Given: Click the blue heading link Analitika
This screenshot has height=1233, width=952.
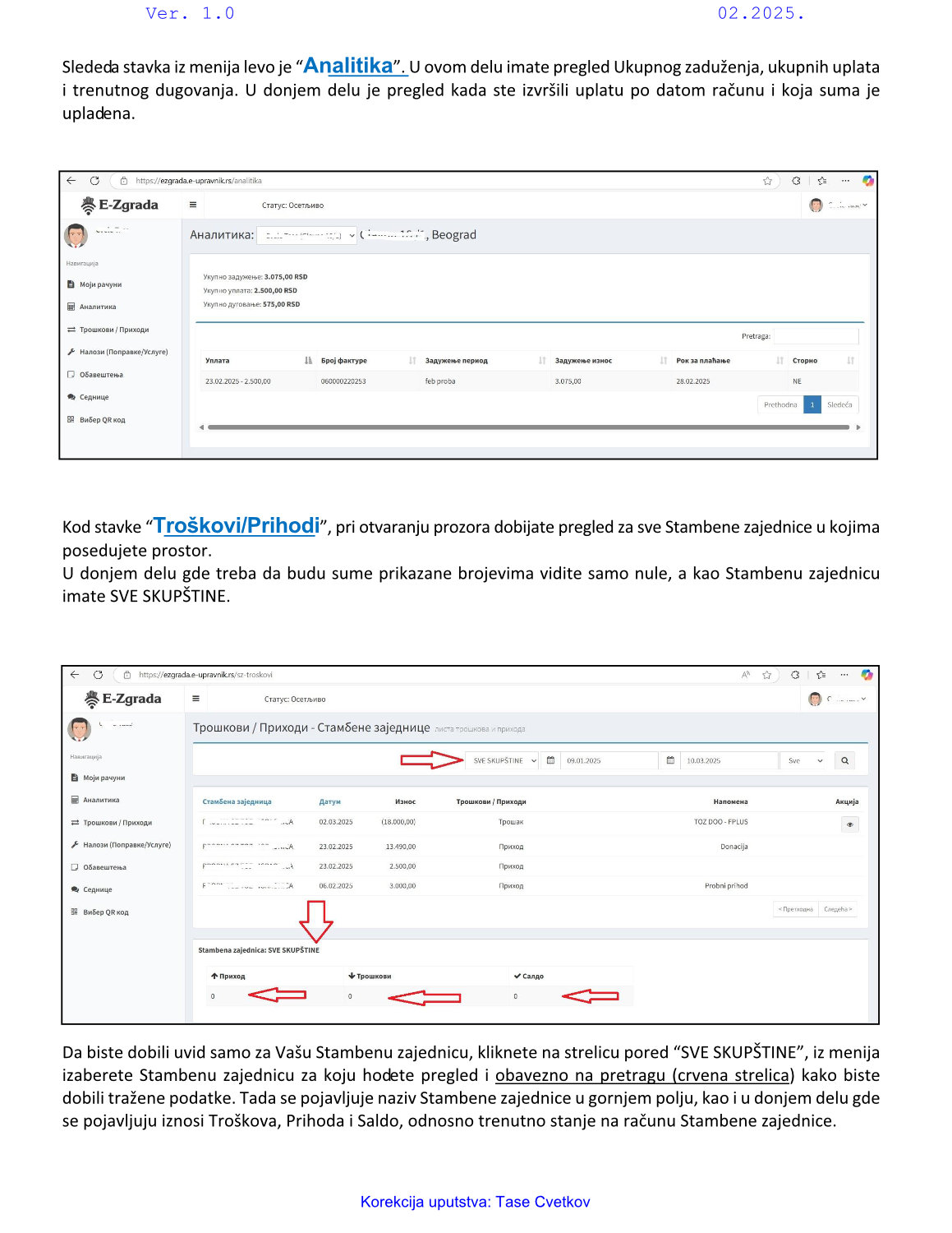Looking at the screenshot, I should click(349, 66).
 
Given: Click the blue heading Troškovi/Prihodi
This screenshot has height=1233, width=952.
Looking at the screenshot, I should click(237, 526).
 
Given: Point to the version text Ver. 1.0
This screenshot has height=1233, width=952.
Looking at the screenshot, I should click(190, 13).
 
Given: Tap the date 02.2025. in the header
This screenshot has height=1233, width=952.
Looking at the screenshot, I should click(761, 13).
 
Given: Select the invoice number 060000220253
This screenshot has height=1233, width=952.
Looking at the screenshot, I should click(343, 381).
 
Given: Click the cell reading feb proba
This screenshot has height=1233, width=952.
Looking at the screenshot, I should click(440, 381).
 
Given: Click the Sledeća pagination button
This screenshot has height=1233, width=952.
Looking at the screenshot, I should click(839, 404).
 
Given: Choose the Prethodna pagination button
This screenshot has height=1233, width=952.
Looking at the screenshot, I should click(780, 404).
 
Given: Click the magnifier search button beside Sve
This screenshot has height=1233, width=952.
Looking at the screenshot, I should click(844, 760).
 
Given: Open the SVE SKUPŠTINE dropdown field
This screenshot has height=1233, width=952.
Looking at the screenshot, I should click(503, 760).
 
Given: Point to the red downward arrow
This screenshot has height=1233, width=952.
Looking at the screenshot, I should click(315, 921).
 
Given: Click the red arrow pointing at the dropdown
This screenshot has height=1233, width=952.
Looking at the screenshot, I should click(431, 760).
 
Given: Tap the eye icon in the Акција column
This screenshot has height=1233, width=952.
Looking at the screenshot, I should click(850, 824).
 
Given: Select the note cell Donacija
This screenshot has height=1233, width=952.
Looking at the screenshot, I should click(734, 846).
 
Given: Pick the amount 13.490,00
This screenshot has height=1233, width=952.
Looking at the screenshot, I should click(401, 846).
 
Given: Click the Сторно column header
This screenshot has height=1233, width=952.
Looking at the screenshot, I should click(805, 360).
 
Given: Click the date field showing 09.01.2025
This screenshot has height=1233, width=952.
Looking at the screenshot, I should click(608, 760).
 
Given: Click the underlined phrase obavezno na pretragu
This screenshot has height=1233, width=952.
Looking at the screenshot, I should click(582, 1075).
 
